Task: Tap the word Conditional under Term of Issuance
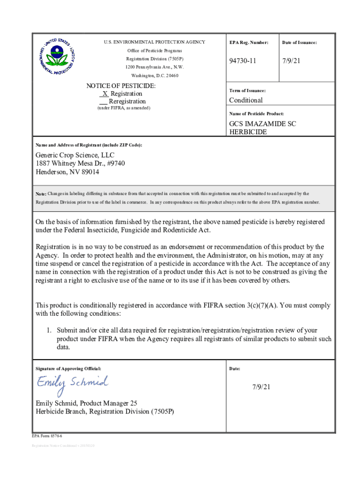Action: point(245,100)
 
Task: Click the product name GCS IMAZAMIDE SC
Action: point(262,124)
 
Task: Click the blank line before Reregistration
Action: point(103,102)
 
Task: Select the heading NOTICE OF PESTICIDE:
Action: point(121,86)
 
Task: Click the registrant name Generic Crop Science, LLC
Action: point(75,155)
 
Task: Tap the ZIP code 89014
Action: point(89,172)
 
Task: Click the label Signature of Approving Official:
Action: point(68,369)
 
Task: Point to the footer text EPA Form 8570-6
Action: point(47,435)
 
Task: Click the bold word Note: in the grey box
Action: point(41,194)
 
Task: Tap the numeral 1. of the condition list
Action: point(49,330)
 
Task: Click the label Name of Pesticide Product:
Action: point(256,114)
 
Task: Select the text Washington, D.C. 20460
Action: point(154,75)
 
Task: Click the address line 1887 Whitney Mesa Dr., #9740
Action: point(80,163)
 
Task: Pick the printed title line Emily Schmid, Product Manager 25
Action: point(86,403)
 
